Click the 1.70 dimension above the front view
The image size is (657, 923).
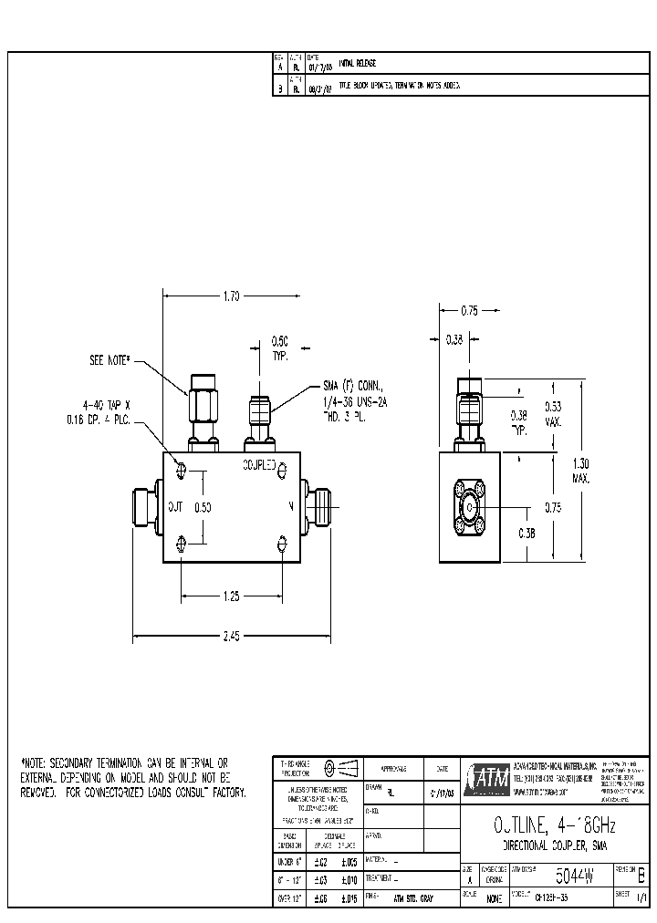pyautogui.click(x=230, y=296)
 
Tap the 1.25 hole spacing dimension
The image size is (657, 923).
pyautogui.click(x=231, y=596)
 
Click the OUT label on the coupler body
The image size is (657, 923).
pyautogui.click(x=175, y=506)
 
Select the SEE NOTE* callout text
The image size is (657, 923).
pyautogui.click(x=111, y=361)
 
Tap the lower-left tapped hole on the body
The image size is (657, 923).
pyautogui.click(x=183, y=544)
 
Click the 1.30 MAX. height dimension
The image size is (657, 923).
pyautogui.click(x=581, y=471)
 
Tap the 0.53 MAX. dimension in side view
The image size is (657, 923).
pyautogui.click(x=553, y=413)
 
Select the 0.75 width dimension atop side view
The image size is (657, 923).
pyautogui.click(x=469, y=311)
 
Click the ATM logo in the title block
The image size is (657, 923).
pyautogui.click(x=486, y=776)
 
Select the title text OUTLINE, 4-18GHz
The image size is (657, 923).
pyautogui.click(x=547, y=826)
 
